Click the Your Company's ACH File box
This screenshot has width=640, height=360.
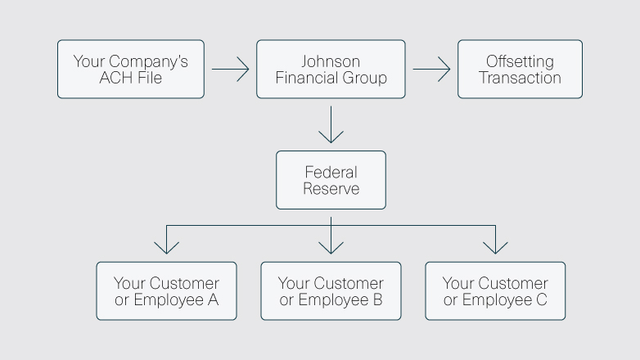tap(131, 70)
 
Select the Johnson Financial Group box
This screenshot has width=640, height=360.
tap(331, 70)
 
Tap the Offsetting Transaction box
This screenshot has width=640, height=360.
tap(520, 70)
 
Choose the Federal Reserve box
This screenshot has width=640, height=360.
tap(331, 180)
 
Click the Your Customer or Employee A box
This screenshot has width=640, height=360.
tap(166, 291)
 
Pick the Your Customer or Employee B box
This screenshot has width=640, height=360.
tap(331, 291)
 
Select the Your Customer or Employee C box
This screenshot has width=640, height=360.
tap(495, 291)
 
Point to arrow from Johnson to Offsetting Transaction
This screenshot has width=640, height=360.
tap(431, 70)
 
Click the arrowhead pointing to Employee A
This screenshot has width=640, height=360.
tap(166, 245)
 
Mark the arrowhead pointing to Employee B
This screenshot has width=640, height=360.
tap(331, 245)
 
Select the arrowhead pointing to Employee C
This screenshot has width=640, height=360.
tap(495, 245)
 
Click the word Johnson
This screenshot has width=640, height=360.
tap(331, 61)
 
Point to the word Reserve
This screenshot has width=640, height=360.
tap(331, 189)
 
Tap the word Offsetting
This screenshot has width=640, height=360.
tap(520, 61)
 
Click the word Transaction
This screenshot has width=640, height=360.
tap(520, 79)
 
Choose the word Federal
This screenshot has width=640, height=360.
tap(331, 172)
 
